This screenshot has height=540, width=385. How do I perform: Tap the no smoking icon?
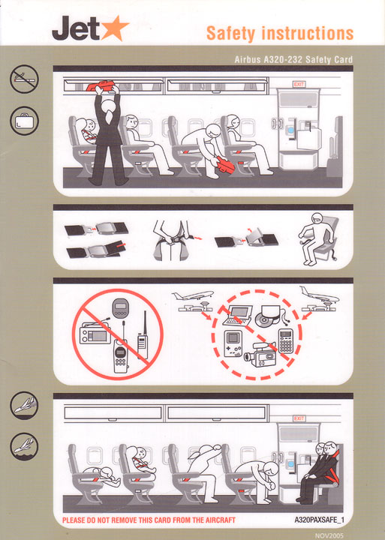pyautogui.click(x=24, y=78)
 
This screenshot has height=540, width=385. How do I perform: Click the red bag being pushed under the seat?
pyautogui.click(x=226, y=160)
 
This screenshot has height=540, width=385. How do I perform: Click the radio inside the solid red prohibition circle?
pyautogui.click(x=95, y=331)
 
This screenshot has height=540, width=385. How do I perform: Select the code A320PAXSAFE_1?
pyautogui.click(x=319, y=519)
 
